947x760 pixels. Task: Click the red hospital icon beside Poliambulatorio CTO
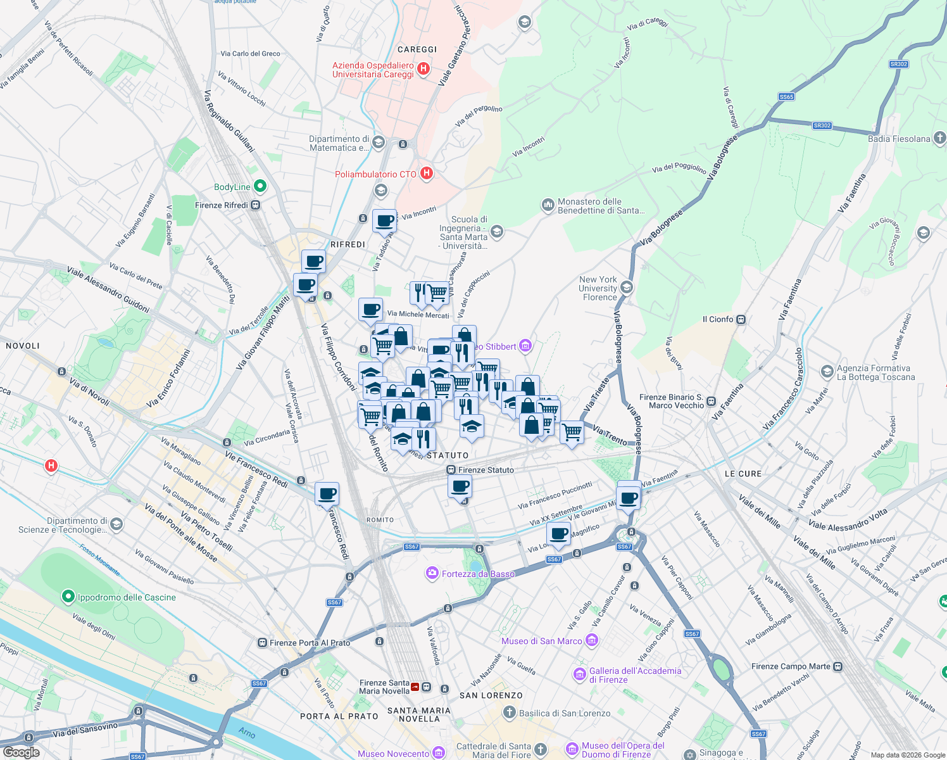click(x=427, y=173)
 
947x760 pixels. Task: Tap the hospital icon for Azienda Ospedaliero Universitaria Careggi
click(x=424, y=68)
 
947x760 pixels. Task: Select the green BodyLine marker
click(x=260, y=186)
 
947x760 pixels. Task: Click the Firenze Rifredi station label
click(x=222, y=205)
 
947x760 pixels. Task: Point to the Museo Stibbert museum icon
click(x=525, y=346)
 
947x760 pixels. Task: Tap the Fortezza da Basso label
click(x=478, y=574)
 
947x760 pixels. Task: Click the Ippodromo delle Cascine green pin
click(x=68, y=597)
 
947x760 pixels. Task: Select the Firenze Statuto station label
click(x=486, y=470)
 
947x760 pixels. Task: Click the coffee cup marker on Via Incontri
click(x=384, y=222)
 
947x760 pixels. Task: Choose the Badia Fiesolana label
click(x=899, y=139)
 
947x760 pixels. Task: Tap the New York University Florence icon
click(x=626, y=288)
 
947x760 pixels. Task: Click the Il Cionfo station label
click(x=718, y=319)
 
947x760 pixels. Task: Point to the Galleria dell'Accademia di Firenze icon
click(x=579, y=674)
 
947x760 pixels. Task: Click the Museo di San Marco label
click(x=542, y=641)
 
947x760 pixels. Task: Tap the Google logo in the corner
click(x=21, y=752)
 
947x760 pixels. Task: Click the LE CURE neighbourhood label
click(x=743, y=474)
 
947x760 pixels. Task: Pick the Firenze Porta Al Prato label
click(x=310, y=643)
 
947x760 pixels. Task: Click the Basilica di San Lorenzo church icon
click(x=509, y=712)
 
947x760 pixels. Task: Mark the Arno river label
click(x=247, y=733)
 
